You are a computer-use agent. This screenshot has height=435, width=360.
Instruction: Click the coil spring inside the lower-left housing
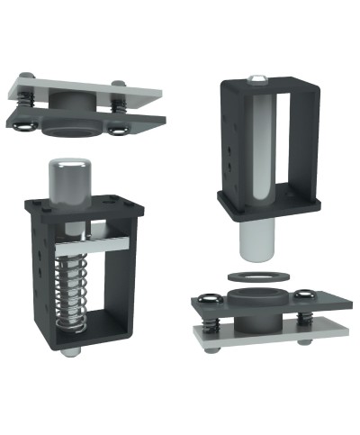coord(70,289)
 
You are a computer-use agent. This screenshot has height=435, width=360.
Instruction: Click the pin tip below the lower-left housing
coord(70,350)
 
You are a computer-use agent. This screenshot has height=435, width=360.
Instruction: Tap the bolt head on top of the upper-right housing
coord(257,80)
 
